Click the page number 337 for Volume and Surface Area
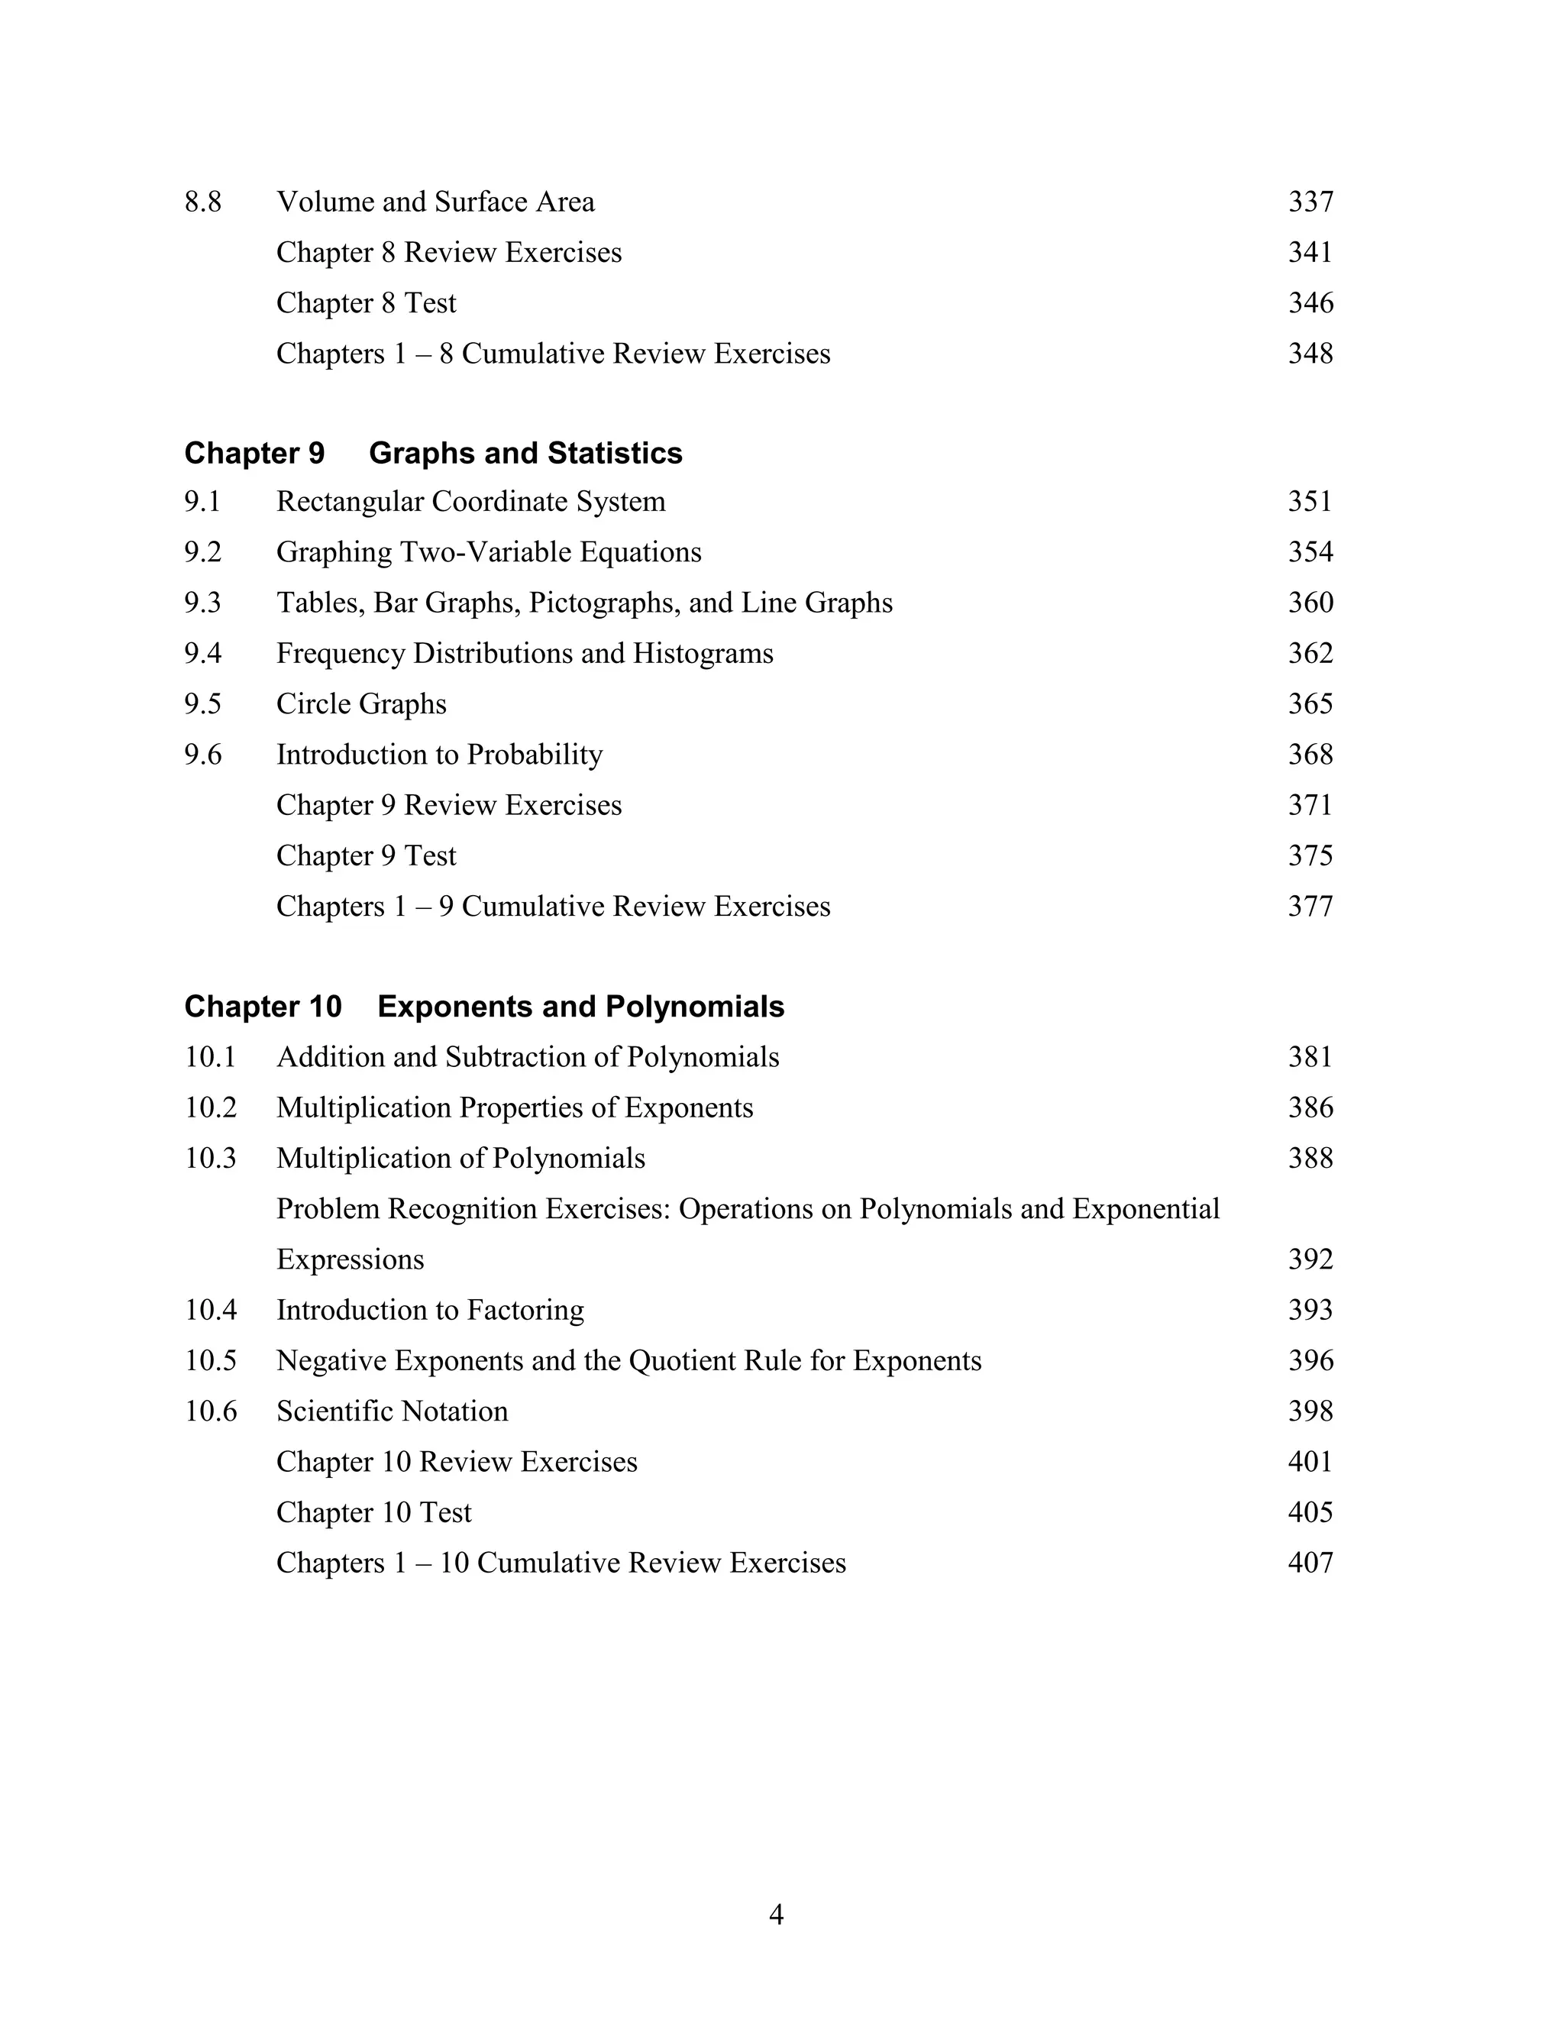pyautogui.click(x=1310, y=202)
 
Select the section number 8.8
pyautogui.click(x=203, y=202)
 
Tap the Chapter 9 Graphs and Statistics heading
pyautogui.click(x=433, y=453)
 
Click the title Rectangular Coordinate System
pyautogui.click(x=470, y=501)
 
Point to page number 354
pyautogui.click(x=1310, y=552)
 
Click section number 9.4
pyautogui.click(x=203, y=653)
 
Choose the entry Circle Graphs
pyautogui.click(x=361, y=704)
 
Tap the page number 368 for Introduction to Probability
pyautogui.click(x=1310, y=755)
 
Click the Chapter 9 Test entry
pyautogui.click(x=366, y=855)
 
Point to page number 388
pyautogui.click(x=1310, y=1159)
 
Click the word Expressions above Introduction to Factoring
pyautogui.click(x=351, y=1259)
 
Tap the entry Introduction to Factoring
pyautogui.click(x=430, y=1311)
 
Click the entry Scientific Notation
pyautogui.click(x=392, y=1411)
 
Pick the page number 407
pyautogui.click(x=1310, y=1563)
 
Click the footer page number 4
pyautogui.click(x=777, y=1915)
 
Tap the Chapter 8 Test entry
pyautogui.click(x=366, y=303)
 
